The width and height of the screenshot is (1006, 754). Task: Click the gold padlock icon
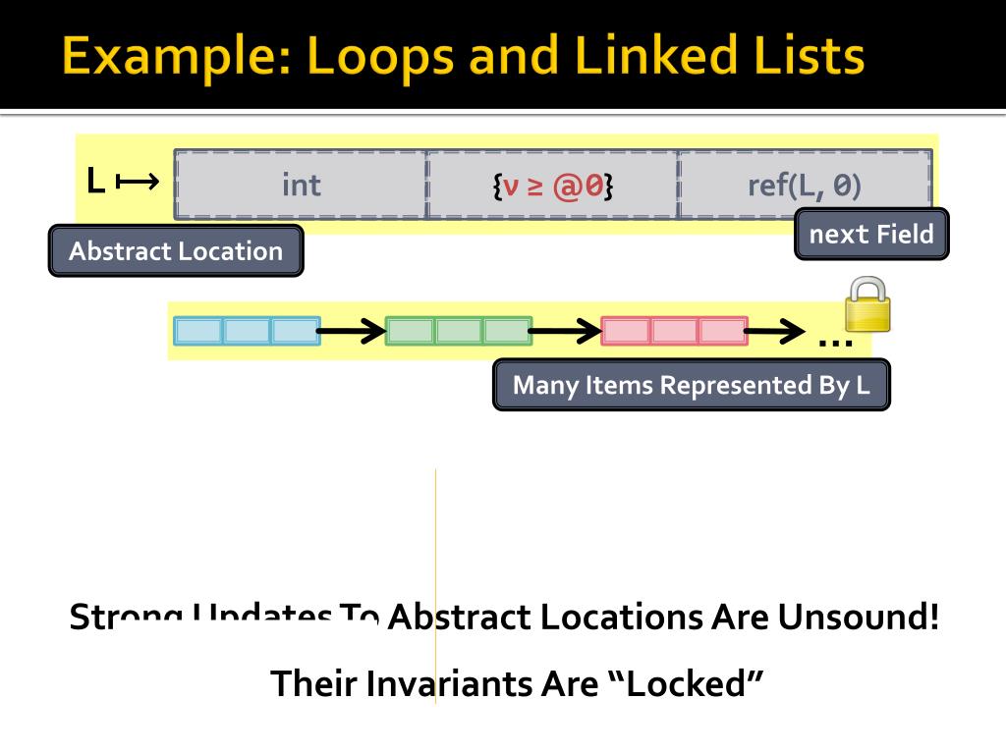click(x=868, y=305)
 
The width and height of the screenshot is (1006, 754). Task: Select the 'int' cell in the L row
click(x=301, y=185)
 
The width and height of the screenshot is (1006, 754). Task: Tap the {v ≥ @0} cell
click(x=553, y=185)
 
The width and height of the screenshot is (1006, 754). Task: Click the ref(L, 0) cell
click(x=805, y=185)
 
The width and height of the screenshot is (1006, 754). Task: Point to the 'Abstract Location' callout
click(x=176, y=251)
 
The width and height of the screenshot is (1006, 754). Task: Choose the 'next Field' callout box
click(x=871, y=235)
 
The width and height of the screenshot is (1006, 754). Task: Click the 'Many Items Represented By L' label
click(x=691, y=385)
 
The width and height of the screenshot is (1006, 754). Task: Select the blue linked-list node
click(x=247, y=331)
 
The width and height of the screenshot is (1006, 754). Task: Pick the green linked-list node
click(x=458, y=331)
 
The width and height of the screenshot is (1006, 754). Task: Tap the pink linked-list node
click(x=674, y=331)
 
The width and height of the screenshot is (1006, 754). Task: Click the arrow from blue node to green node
click(x=352, y=332)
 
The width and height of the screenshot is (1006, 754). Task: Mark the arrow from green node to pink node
click(x=566, y=332)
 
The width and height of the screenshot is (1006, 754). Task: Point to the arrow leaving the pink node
click(x=775, y=332)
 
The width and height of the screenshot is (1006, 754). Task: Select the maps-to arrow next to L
click(x=138, y=182)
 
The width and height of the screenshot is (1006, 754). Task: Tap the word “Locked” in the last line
click(x=686, y=683)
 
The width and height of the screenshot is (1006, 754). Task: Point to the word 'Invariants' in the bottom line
click(x=447, y=683)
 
